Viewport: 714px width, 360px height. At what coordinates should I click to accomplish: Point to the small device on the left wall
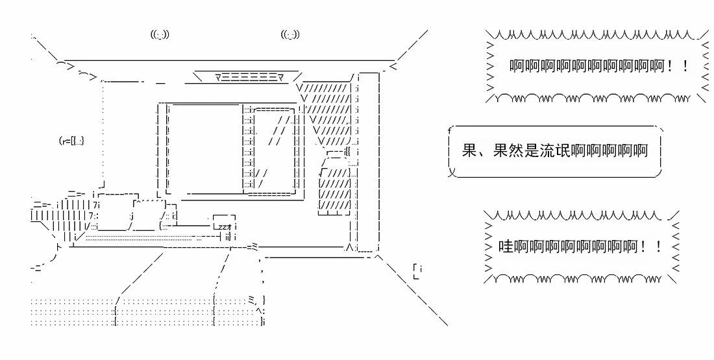click(x=71, y=140)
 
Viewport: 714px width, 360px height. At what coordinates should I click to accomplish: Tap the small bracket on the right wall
click(x=419, y=271)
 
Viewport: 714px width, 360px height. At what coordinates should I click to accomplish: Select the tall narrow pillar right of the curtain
click(x=368, y=162)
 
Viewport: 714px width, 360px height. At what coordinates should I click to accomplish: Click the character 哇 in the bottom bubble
click(x=506, y=247)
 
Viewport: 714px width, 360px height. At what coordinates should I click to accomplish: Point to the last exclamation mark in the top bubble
click(x=687, y=67)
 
